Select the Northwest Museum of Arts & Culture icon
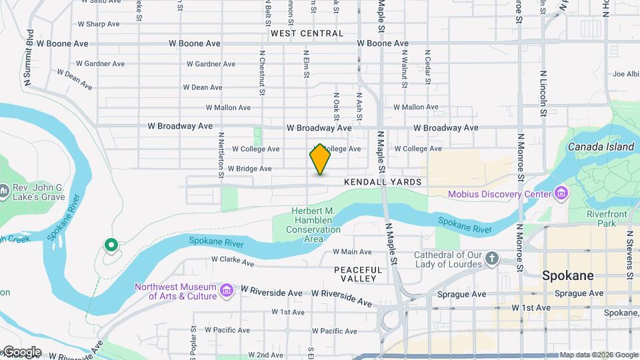pos(227,291)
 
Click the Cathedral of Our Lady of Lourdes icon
pos(492,259)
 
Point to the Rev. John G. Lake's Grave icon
pos(3,192)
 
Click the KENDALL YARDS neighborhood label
pos(383,182)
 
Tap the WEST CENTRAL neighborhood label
pos(307,33)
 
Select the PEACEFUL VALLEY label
pos(359,274)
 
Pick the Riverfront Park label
pos(602,219)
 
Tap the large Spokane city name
pos(567,275)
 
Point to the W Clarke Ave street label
pos(233,261)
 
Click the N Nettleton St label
pos(220,155)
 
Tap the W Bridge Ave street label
pos(249,169)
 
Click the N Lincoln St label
pos(543,93)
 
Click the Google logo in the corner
pos(21,352)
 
